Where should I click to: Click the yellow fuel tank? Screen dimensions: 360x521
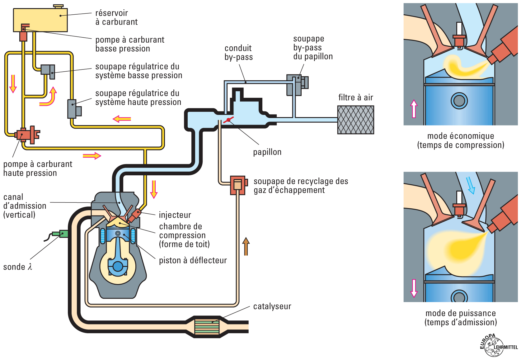click(x=40, y=20)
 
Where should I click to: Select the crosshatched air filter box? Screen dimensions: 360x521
click(x=355, y=120)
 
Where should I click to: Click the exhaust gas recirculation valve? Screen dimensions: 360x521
click(x=238, y=185)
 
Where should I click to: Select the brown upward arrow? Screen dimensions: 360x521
click(x=246, y=246)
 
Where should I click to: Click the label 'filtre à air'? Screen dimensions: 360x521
click(x=355, y=97)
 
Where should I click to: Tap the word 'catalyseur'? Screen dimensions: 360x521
click(x=272, y=306)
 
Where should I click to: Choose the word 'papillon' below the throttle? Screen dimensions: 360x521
click(x=267, y=152)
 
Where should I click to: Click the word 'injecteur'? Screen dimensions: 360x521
click(x=175, y=215)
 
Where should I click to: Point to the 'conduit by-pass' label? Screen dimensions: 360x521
click(x=238, y=52)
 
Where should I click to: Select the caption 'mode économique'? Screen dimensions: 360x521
click(x=461, y=136)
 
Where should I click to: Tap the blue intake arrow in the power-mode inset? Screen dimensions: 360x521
click(x=471, y=185)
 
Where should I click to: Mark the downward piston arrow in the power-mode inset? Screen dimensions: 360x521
click(x=414, y=288)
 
